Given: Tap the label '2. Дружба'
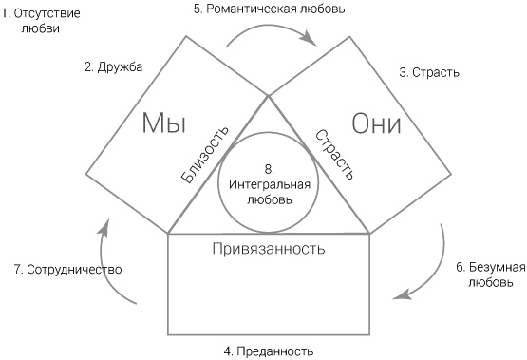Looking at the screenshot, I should pos(113,66).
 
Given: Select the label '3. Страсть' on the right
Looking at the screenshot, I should pos(429,72).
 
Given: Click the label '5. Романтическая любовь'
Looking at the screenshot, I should pos(269,9).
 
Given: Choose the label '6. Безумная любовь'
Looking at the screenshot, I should pos(485,275).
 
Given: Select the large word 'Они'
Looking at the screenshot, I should pos(376,124).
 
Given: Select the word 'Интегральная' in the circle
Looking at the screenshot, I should pos(269,184).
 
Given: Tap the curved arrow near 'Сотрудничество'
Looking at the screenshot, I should pos(115,260).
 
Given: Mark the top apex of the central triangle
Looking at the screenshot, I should pos(269,96).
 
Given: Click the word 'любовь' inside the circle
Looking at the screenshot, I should pos(269,199).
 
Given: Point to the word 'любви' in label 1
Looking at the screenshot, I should pos(39,28).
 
